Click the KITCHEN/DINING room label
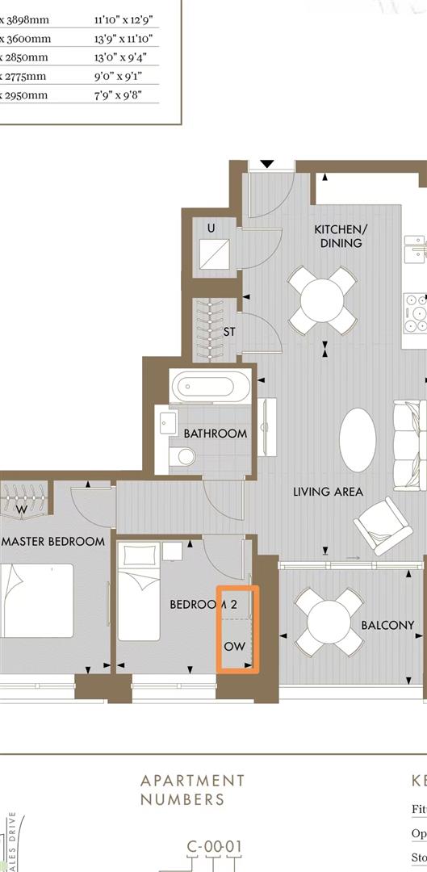[337, 236]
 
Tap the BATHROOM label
[215, 434]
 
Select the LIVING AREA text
[327, 491]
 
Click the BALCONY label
[387, 624]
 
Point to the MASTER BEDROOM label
[52, 541]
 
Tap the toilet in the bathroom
[183, 458]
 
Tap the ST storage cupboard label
[229, 331]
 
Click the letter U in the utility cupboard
[211, 228]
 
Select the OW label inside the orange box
[234, 647]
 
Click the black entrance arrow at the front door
[266, 164]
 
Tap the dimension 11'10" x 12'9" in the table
[123, 19]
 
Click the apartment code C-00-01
[214, 847]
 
